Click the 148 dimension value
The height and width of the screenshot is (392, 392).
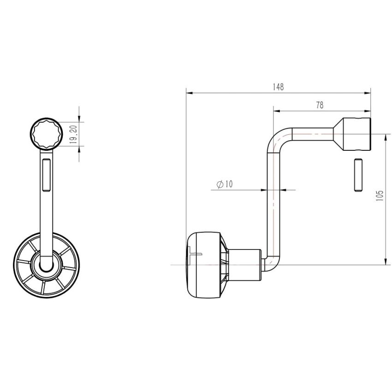(278, 87)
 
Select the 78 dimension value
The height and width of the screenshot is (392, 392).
(320, 105)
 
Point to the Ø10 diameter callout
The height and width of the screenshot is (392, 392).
(224, 184)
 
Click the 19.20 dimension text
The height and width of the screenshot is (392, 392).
(73, 134)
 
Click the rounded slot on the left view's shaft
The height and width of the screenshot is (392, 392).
(46, 175)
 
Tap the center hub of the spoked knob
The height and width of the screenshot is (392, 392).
(46, 266)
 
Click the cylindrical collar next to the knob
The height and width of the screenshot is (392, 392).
(245, 265)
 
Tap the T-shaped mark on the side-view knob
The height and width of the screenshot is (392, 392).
(196, 253)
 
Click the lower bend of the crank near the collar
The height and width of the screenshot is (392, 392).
(271, 263)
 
